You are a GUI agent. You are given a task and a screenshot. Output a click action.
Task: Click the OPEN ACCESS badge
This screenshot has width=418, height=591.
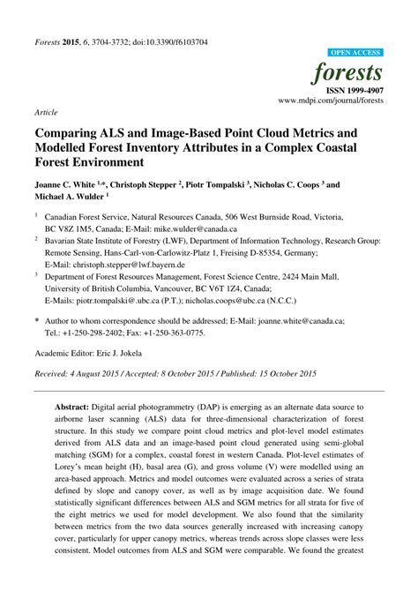[355, 53]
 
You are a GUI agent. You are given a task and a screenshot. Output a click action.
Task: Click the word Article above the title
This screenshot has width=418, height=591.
[47, 114]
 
